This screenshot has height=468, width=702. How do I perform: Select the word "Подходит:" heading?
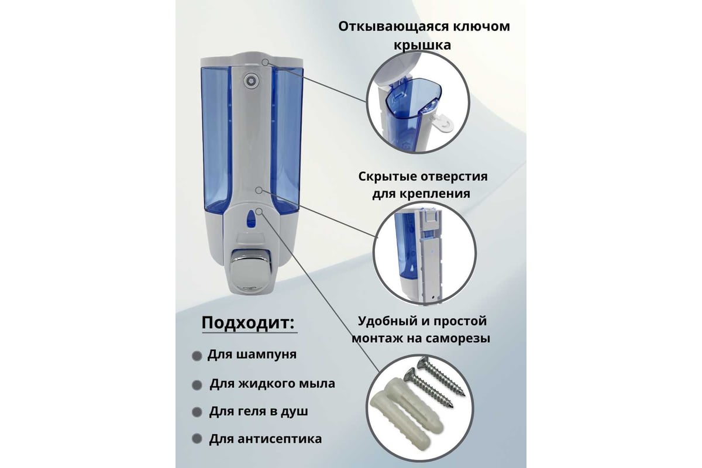[248, 322]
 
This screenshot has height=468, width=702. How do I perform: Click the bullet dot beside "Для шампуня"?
[197, 356]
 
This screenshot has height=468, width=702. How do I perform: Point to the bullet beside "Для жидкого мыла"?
[197, 385]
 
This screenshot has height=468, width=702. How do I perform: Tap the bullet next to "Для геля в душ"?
[197, 412]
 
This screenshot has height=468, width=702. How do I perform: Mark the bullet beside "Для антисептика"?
[197, 439]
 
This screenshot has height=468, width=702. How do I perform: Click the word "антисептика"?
[280, 439]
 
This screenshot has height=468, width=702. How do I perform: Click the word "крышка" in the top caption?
[422, 45]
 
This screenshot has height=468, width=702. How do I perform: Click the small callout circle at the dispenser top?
[265, 63]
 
